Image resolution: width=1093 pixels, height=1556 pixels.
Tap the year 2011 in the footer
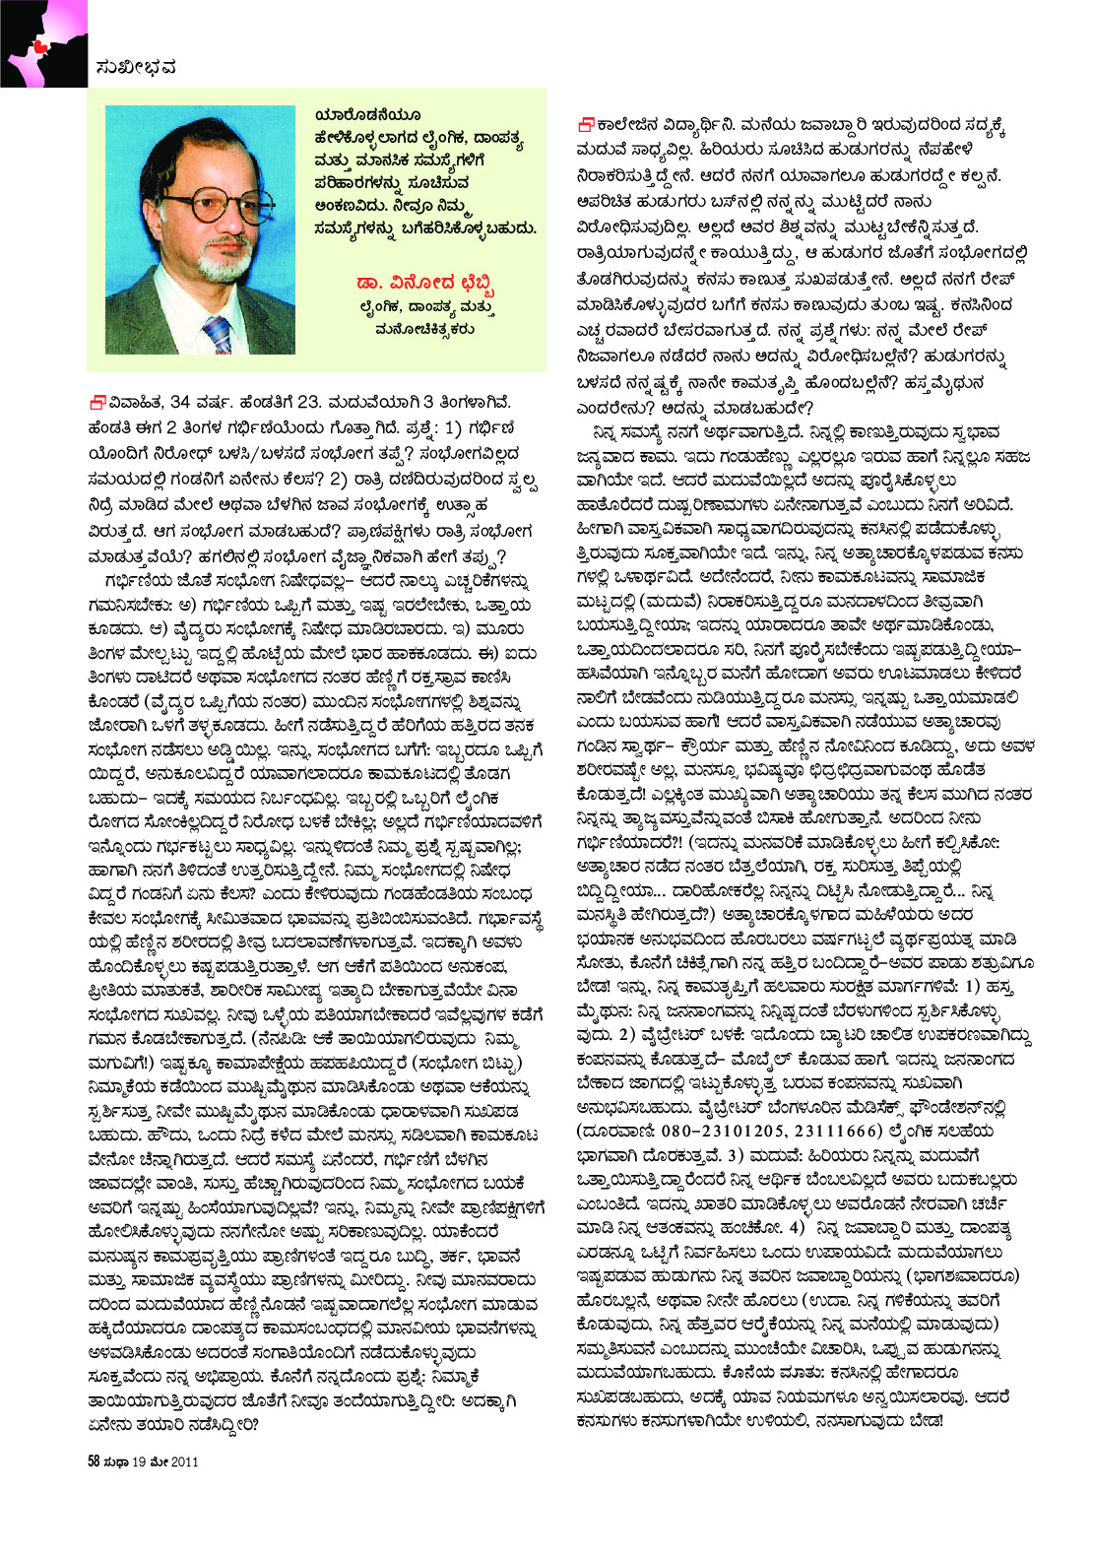pos(184,1460)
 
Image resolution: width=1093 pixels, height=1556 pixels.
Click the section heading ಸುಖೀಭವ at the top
pos(137,67)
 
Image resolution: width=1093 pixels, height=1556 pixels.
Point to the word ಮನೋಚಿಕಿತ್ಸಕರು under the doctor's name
pos(424,329)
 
